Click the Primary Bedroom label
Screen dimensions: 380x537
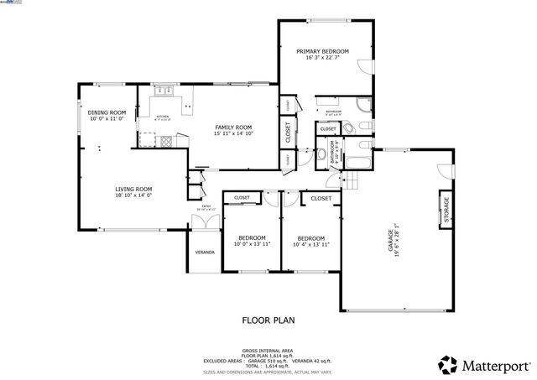point(321,51)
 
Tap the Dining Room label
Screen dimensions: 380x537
point(107,112)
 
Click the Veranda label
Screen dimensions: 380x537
point(205,252)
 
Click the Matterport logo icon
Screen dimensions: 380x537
point(447,364)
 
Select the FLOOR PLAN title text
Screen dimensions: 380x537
point(268,320)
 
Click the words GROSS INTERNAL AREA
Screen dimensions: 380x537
point(268,350)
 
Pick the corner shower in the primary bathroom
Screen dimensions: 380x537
point(363,106)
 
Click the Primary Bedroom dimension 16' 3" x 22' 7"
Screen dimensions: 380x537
point(321,59)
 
